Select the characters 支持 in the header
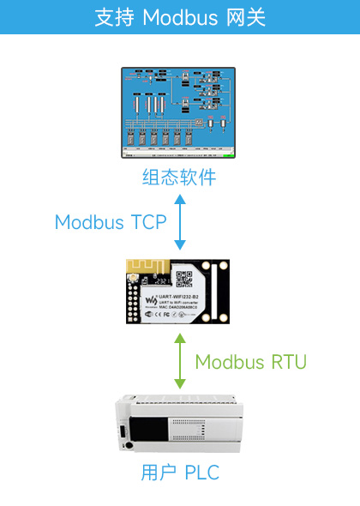pyautogui.click(x=114, y=17)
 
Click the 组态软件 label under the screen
pyautogui.click(x=179, y=178)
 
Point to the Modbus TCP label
pyautogui.click(x=111, y=222)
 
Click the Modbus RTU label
pyautogui.click(x=250, y=361)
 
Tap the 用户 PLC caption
pyautogui.click(x=179, y=473)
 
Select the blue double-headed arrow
pyautogui.click(x=180, y=222)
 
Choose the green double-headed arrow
pyautogui.click(x=180, y=361)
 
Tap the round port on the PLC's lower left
pyautogui.click(x=127, y=444)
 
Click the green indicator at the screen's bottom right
pyautogui.click(x=228, y=156)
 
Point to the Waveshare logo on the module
pyautogui.click(x=151, y=299)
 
